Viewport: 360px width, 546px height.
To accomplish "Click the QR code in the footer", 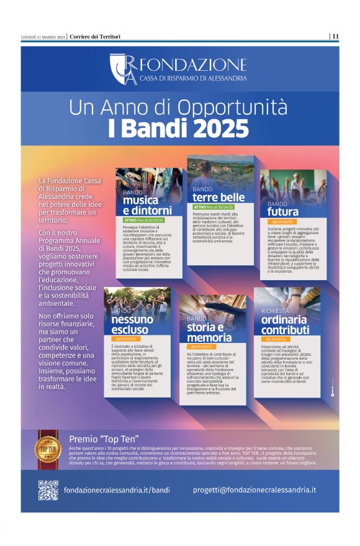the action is (x=48, y=490).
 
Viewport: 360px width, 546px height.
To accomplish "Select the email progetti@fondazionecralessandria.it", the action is (x=254, y=490).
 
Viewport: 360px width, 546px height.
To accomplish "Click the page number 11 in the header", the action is (x=335, y=37).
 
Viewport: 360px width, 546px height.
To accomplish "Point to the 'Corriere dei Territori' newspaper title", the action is (x=94, y=37).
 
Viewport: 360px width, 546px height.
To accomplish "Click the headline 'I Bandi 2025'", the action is (x=178, y=129).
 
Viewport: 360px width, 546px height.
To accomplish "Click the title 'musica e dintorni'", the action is (x=147, y=206).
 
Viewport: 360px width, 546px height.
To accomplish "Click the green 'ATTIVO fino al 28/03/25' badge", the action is (x=144, y=220).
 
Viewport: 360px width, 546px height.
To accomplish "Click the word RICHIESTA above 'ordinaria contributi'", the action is (x=275, y=311).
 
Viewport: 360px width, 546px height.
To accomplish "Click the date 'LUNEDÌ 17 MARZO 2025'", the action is (x=43, y=37).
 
